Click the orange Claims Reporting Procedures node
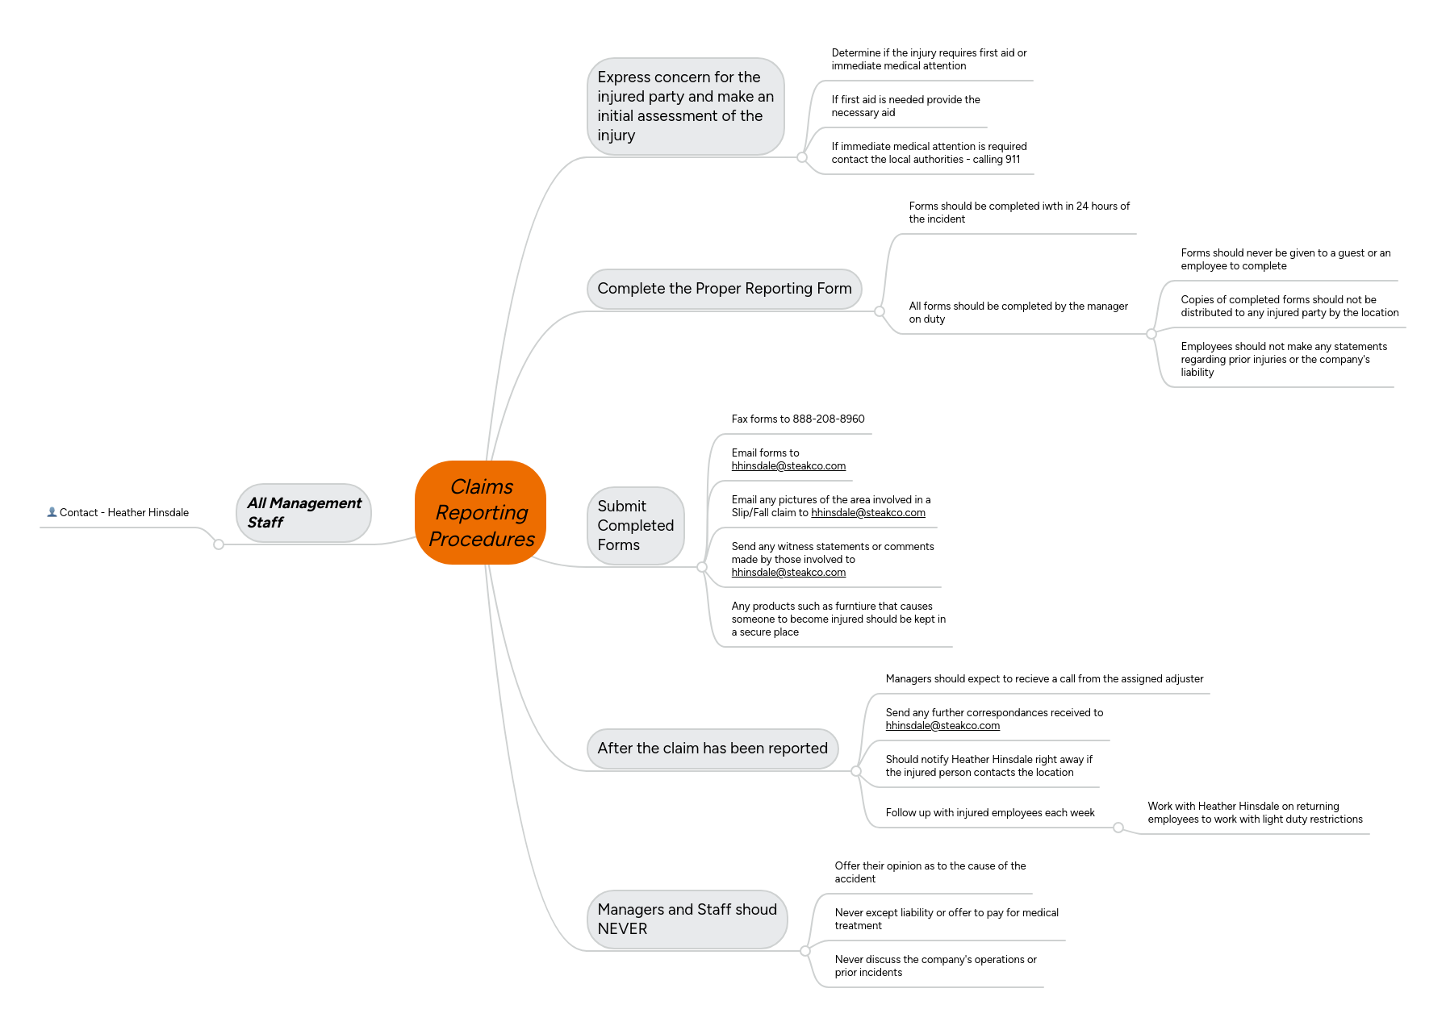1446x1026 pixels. point(481,513)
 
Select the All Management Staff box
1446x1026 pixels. point(304,513)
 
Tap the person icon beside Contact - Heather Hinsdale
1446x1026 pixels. point(52,512)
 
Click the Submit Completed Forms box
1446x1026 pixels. point(635,526)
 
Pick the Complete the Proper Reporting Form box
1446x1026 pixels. point(724,289)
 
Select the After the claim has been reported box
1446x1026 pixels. point(712,749)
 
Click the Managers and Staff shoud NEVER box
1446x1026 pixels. point(687,920)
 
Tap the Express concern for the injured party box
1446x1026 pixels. point(685,106)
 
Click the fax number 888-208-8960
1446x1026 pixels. point(828,419)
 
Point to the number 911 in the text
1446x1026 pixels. point(1012,160)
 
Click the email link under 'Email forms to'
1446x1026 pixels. point(788,466)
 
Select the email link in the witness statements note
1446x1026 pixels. point(788,573)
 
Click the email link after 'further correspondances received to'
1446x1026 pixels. point(942,726)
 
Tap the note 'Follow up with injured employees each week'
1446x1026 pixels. point(989,813)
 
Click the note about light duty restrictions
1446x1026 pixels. point(1254,813)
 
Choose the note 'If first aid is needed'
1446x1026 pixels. point(905,106)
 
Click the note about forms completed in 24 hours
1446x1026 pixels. point(1018,213)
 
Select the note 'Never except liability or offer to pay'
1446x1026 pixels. point(946,920)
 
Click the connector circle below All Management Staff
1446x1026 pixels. point(219,544)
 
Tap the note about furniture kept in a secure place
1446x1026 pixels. point(838,619)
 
